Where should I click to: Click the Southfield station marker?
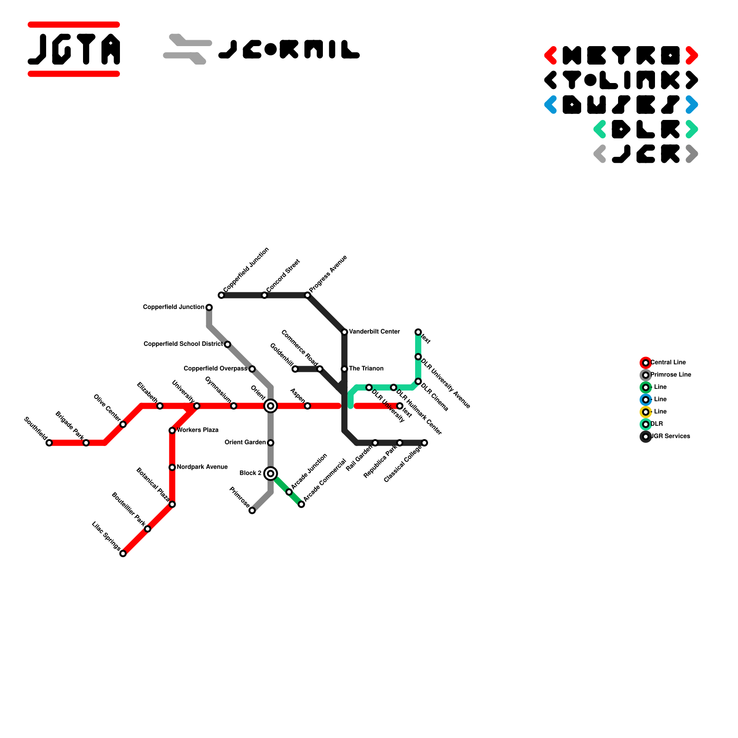click(49, 443)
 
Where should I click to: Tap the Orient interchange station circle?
click(271, 406)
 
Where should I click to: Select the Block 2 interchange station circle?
click(271, 474)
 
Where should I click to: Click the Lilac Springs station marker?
click(123, 553)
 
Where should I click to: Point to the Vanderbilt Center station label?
click(374, 332)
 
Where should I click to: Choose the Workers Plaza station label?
click(197, 430)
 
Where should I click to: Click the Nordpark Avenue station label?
click(202, 467)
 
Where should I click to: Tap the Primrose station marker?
click(252, 511)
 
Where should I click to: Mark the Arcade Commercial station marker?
click(301, 504)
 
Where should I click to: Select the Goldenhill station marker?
click(295, 369)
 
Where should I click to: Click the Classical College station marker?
click(424, 443)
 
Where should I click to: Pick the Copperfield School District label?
click(183, 344)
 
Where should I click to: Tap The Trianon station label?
click(366, 369)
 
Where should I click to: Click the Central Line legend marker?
click(646, 363)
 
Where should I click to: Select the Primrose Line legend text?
click(671, 375)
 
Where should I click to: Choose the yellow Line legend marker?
click(646, 412)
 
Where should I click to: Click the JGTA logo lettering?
click(74, 49)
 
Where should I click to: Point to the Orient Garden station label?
click(245, 442)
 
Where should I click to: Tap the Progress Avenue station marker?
click(308, 295)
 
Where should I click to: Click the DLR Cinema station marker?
click(418, 381)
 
